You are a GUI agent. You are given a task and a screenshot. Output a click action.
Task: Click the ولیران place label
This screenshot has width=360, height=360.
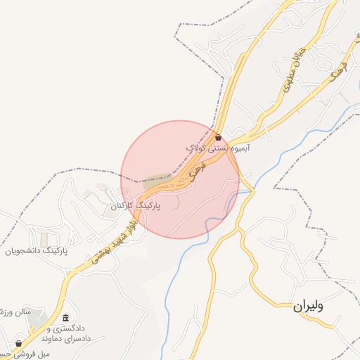(x=309, y=306)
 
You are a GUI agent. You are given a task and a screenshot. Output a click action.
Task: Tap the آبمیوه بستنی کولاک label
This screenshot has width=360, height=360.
(x=219, y=148)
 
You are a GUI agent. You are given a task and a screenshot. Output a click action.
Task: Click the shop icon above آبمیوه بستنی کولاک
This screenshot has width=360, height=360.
(x=218, y=137)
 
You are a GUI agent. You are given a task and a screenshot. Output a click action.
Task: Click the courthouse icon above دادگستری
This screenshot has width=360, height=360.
(x=66, y=318)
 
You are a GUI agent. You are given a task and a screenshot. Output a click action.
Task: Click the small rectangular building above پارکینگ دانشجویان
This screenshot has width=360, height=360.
(x=44, y=238)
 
